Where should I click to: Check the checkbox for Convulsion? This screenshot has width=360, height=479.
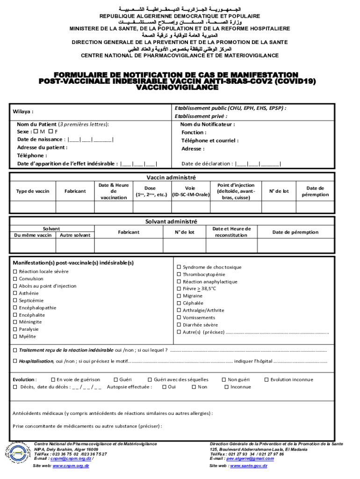[15, 279]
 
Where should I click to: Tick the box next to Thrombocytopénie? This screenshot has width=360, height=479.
[179, 275]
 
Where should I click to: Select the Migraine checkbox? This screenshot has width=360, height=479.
[179, 296]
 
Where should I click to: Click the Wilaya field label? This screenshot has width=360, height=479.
[23, 112]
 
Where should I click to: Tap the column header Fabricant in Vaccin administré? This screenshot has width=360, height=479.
[75, 191]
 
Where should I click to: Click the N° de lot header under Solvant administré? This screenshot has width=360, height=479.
[184, 232]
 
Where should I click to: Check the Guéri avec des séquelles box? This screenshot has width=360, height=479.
[150, 379]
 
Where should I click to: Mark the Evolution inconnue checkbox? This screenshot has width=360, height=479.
[267, 379]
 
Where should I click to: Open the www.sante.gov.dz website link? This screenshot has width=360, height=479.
[248, 466]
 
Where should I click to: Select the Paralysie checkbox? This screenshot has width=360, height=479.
[15, 329]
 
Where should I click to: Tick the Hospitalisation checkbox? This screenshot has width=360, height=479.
[15, 361]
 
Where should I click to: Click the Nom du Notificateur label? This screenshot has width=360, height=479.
[208, 124]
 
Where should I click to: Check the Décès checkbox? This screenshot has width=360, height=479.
[15, 387]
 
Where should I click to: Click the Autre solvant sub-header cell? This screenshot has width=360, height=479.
[75, 235]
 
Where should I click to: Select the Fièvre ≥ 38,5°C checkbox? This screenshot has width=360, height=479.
[179, 289]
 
